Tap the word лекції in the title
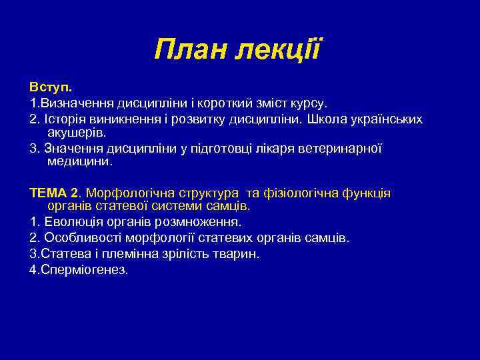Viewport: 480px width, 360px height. click(x=281, y=49)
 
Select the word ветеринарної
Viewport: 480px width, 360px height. click(x=339, y=149)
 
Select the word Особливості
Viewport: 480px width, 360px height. click(x=77, y=237)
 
